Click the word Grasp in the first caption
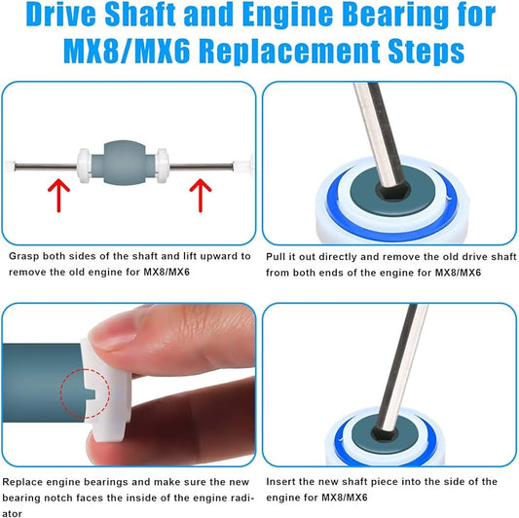click(25, 257)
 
